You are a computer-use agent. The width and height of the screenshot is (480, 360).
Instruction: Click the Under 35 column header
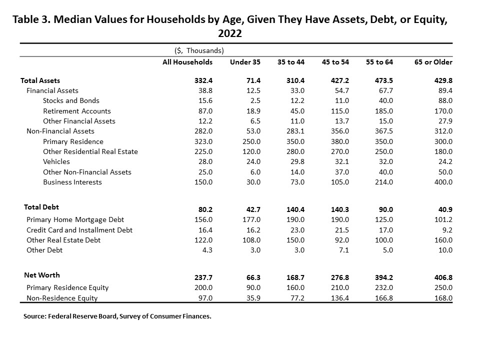point(245,62)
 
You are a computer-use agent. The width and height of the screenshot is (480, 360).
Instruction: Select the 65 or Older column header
point(433,62)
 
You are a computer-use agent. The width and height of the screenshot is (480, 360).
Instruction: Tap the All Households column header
point(187,62)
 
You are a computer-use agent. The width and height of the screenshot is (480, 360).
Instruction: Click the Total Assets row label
point(40,80)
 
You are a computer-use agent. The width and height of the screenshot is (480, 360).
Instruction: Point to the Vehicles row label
point(56,161)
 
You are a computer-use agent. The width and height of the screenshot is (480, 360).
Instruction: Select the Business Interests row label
point(72,182)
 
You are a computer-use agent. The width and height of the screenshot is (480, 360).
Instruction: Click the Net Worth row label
point(42,275)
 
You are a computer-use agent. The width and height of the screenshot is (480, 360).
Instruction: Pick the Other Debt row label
point(44,250)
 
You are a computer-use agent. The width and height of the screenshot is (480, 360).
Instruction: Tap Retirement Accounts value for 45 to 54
point(340,111)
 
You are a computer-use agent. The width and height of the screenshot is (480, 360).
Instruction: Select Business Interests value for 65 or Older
point(443,182)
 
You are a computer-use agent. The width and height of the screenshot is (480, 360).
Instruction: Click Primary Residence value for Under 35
point(251,141)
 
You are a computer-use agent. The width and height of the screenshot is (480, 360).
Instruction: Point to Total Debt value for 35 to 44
point(295,209)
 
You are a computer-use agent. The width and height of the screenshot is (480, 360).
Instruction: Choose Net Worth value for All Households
point(203,277)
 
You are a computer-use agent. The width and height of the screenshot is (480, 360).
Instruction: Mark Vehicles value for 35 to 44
point(297,161)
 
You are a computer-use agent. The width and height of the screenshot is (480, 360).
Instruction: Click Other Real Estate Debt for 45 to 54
point(342,240)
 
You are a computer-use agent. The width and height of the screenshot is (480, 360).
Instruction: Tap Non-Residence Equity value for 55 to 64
point(384,298)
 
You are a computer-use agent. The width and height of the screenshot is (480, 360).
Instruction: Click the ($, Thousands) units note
point(199,50)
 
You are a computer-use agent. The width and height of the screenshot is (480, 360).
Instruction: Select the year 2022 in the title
point(230,33)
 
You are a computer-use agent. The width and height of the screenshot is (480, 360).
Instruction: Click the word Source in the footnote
point(34,316)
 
